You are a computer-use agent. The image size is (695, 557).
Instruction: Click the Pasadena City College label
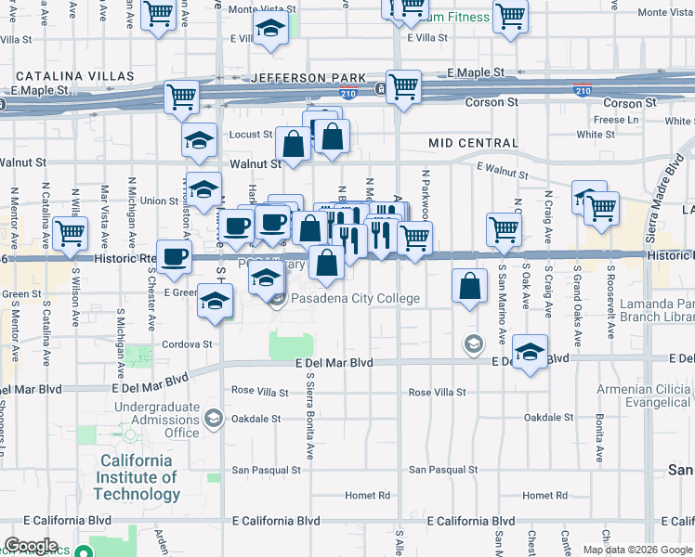coord(355,299)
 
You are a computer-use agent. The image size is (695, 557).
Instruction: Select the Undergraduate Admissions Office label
coord(157,420)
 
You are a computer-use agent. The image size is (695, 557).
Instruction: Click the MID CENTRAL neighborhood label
coord(474,143)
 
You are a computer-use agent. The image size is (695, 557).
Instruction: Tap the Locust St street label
coord(251,135)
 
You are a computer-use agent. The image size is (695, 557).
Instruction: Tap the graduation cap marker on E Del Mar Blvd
coord(530,352)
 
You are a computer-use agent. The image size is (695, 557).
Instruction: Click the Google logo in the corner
coord(31,546)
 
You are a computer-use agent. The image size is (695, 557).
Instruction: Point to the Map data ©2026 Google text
coord(637,550)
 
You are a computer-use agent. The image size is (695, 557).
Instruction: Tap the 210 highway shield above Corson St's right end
coord(583,90)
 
